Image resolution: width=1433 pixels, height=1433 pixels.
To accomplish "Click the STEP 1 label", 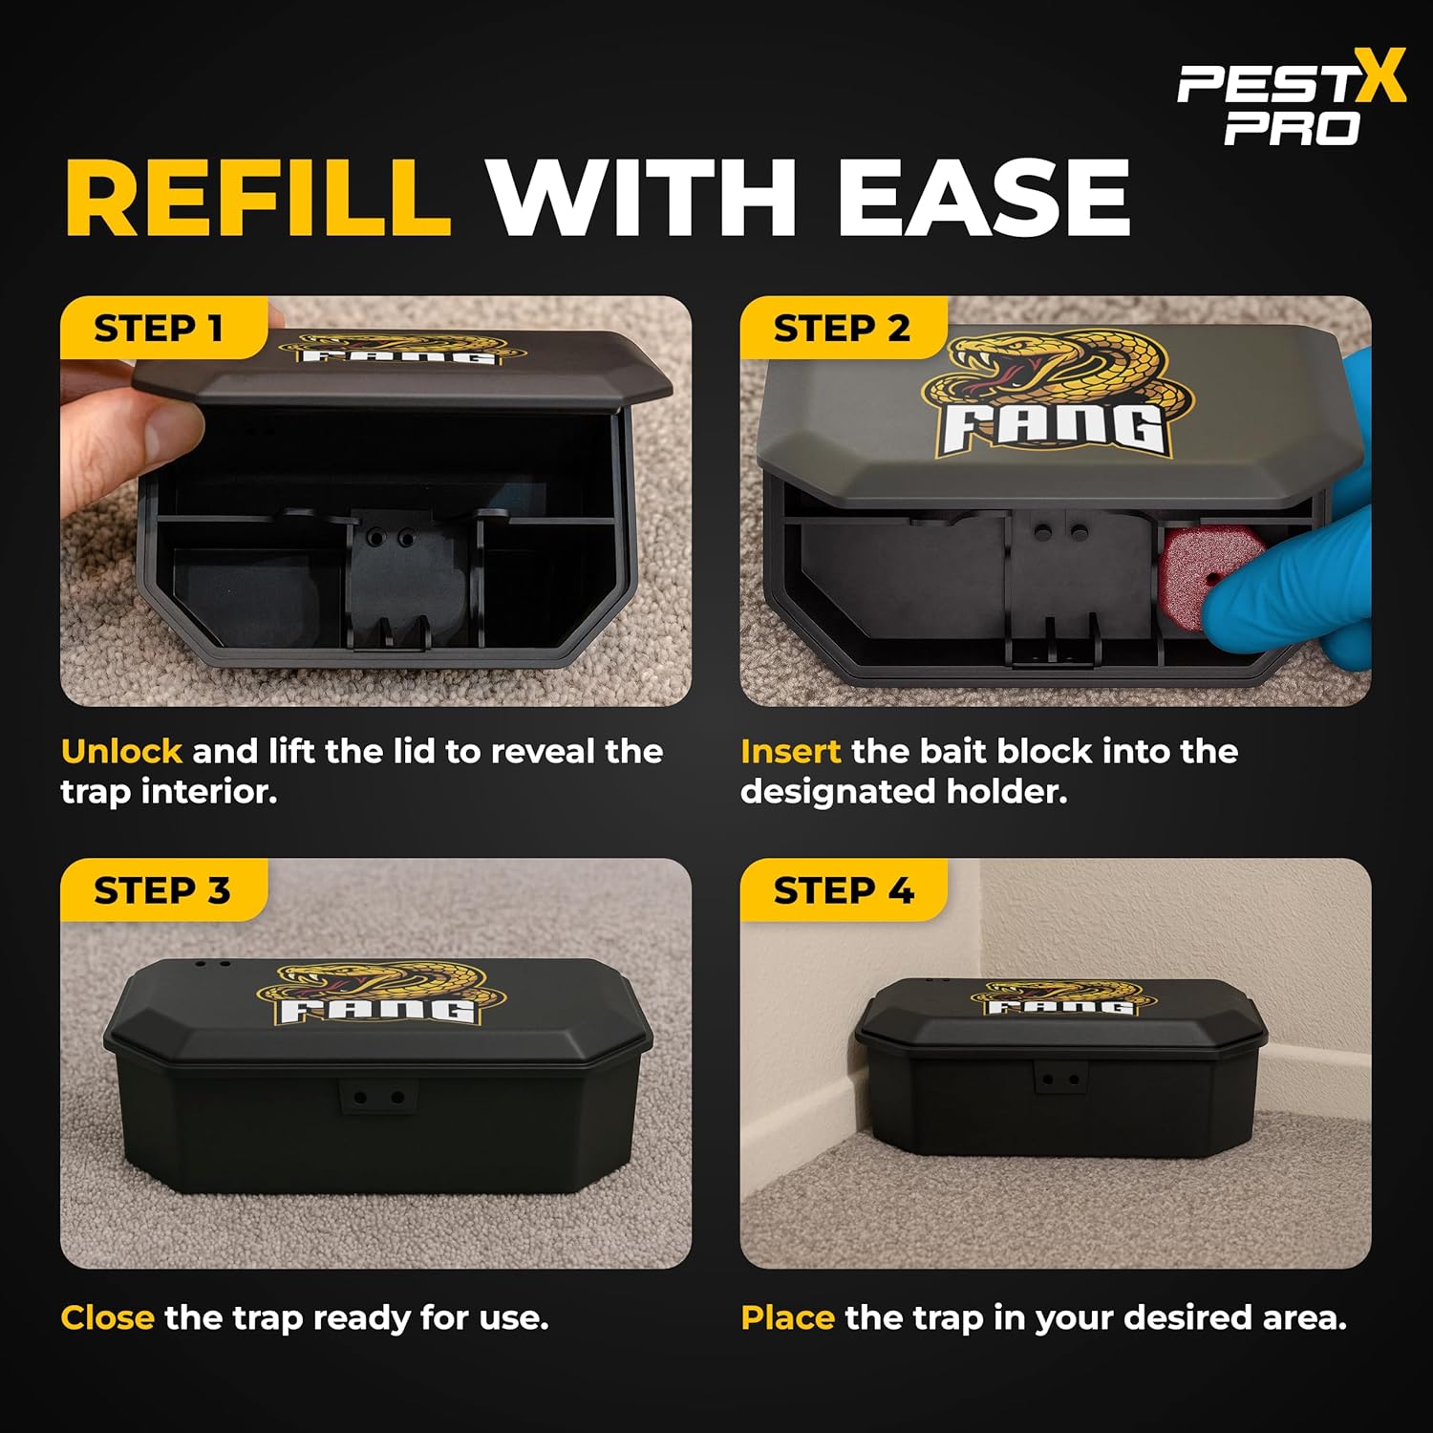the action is pyautogui.click(x=159, y=329).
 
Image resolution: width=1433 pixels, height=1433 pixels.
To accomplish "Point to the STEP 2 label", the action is pyautogui.click(x=842, y=329).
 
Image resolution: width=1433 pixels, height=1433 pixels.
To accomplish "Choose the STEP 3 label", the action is pyautogui.click(x=162, y=890).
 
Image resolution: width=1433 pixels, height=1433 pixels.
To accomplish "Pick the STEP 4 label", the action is pyautogui.click(x=844, y=890).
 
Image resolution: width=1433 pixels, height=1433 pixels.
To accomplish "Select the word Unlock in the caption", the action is pyautogui.click(x=121, y=751).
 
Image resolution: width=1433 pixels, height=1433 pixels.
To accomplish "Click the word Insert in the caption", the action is pyautogui.click(x=790, y=751).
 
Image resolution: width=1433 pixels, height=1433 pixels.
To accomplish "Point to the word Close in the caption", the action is pyautogui.click(x=107, y=1317).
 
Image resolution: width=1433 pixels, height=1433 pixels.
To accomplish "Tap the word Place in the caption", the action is pyautogui.click(x=788, y=1317).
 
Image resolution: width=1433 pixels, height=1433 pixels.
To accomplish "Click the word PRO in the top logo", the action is pyautogui.click(x=1293, y=128).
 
